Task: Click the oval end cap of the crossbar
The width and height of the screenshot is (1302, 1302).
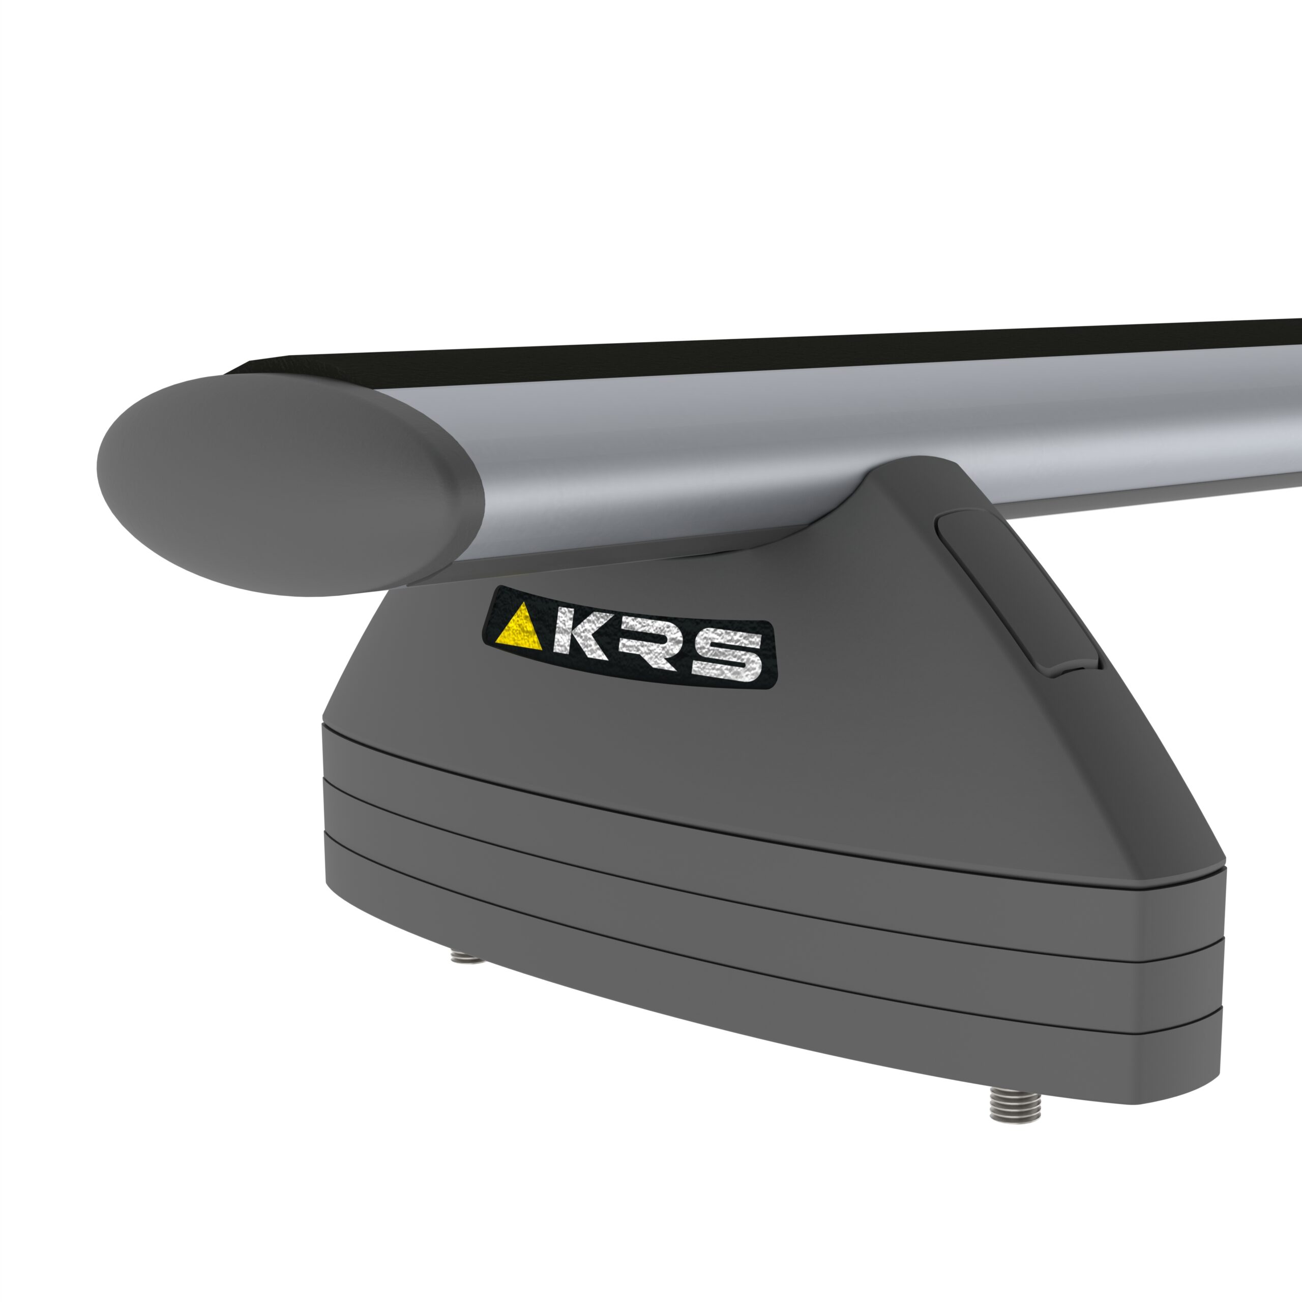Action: click(283, 485)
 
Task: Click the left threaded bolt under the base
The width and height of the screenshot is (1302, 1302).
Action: click(466, 955)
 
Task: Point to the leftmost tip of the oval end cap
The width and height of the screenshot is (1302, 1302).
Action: click(98, 472)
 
